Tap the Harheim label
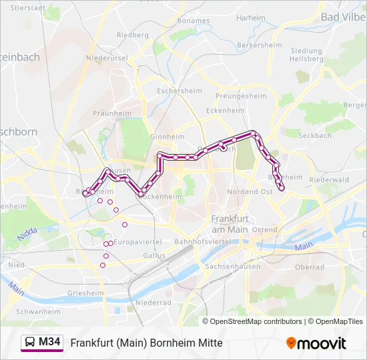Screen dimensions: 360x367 click(x=251, y=18)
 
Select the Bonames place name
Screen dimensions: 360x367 click(x=194, y=21)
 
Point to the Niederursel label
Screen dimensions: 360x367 click(x=111, y=58)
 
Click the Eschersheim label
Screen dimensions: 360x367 click(x=175, y=89)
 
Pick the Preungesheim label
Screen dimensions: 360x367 click(x=241, y=96)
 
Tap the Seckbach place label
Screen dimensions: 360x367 click(x=315, y=135)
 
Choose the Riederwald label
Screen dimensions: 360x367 click(x=329, y=179)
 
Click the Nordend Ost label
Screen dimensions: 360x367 click(x=250, y=191)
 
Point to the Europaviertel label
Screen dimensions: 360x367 click(x=138, y=241)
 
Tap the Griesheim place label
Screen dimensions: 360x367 click(x=85, y=293)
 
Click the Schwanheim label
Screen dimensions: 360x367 click(x=38, y=311)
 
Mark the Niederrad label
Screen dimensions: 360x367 click(x=153, y=302)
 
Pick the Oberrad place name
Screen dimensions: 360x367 click(x=310, y=267)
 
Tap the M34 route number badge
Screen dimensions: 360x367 click(x=49, y=342)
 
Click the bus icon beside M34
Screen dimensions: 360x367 click(x=31, y=343)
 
